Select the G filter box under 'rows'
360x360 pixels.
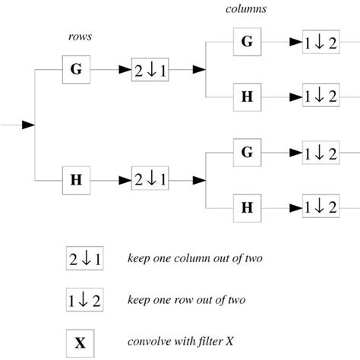point(77,69)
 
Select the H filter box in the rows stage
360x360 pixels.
point(77,180)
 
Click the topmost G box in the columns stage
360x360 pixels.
point(247,43)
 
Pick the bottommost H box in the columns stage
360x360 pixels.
point(247,207)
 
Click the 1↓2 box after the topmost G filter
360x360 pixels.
point(319,43)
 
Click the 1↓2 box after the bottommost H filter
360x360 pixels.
point(319,207)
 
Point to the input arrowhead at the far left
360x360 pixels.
point(28,124)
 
